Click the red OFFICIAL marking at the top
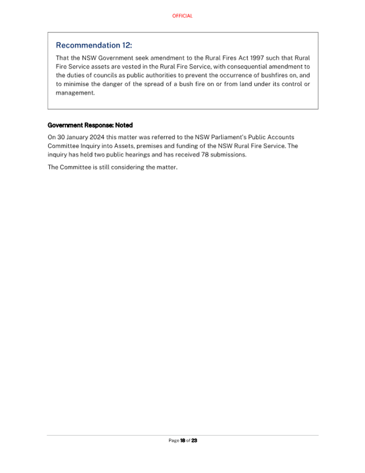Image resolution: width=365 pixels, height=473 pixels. tap(182, 16)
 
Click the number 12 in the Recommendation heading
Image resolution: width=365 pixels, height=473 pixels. tap(126, 45)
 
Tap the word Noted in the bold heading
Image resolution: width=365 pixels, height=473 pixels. tap(123, 125)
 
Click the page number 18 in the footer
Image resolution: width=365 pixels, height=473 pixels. tap(183, 441)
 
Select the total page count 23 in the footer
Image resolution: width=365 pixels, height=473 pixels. tap(194, 441)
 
